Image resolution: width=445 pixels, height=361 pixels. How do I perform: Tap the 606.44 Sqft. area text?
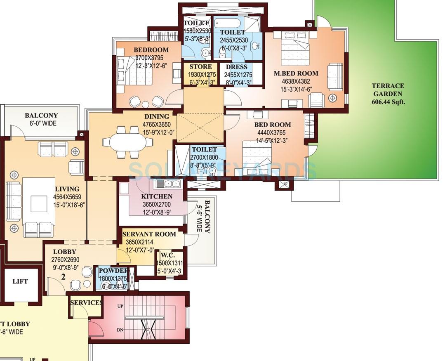pos(388,101)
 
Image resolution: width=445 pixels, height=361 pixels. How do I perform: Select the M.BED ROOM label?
pos(296,73)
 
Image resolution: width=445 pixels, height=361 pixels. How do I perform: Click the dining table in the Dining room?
pos(127,142)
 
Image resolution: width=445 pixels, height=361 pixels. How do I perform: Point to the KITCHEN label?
pos(156,196)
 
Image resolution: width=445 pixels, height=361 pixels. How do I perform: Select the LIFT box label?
pos(20,281)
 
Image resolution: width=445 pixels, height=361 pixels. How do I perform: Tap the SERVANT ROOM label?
pos(149,234)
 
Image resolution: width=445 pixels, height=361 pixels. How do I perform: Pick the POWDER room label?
pos(113,270)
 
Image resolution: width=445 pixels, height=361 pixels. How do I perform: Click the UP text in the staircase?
pos(120,307)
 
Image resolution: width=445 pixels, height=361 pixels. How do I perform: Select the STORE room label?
pos(200,67)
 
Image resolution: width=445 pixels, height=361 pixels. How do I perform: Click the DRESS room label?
pos(237,67)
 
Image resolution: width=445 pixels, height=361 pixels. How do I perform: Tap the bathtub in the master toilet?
pos(228,23)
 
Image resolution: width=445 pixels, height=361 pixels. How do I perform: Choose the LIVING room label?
pos(67,189)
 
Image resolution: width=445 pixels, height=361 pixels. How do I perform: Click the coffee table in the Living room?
pos(39,203)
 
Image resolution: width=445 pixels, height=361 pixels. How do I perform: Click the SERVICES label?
pos(86,302)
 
